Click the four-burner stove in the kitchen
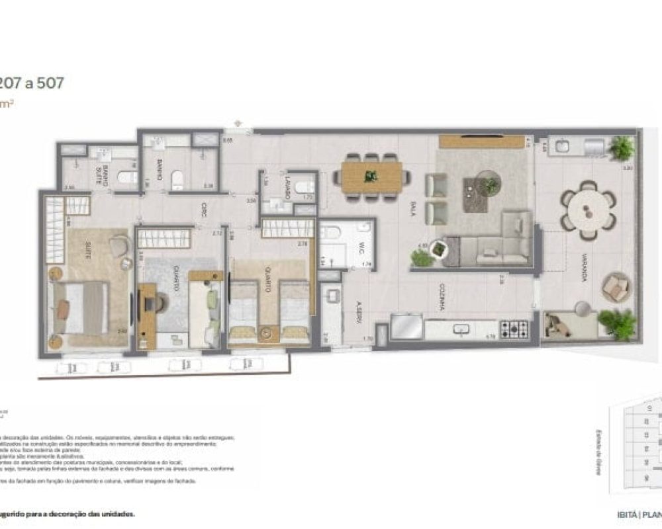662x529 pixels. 514,329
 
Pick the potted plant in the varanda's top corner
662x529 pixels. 622,147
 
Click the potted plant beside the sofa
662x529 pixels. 438,249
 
